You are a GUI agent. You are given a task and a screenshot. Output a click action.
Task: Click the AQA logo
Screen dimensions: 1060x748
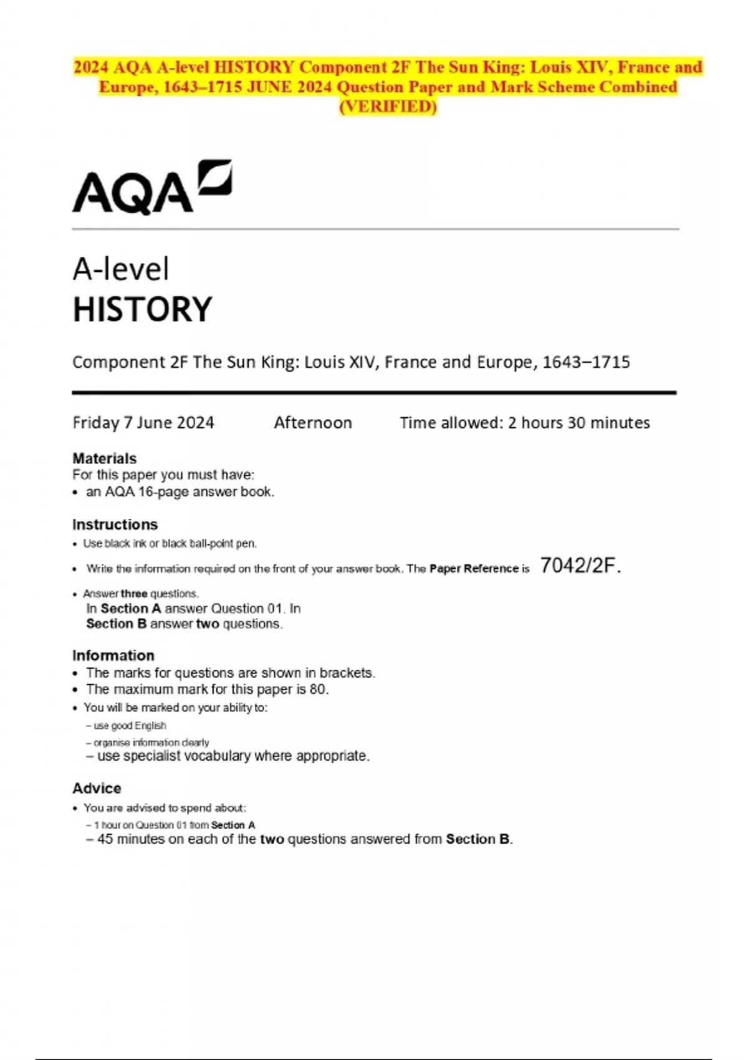[151, 188]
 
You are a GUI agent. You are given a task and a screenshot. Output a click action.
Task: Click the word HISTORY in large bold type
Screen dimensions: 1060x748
[143, 309]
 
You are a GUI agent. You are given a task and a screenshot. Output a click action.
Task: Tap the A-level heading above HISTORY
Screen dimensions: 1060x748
[121, 269]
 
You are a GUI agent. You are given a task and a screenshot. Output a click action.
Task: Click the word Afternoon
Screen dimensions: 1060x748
[313, 423]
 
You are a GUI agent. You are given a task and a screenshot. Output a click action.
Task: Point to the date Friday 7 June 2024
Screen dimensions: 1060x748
[143, 423]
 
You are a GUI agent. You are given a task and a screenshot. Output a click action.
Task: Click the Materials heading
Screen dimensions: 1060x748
[104, 458]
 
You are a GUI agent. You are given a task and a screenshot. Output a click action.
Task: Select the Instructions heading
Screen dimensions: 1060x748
[115, 524]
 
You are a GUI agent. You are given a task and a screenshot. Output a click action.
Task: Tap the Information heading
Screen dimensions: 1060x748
[113, 655]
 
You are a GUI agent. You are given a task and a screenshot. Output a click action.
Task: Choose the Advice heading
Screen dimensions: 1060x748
[97, 788]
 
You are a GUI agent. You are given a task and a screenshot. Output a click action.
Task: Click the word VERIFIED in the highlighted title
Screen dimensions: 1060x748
[388, 107]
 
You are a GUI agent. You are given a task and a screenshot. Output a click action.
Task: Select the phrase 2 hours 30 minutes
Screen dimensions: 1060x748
[578, 423]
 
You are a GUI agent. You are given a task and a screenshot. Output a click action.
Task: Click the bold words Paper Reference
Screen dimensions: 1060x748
[474, 569]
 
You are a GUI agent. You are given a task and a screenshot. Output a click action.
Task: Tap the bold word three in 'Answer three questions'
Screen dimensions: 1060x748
[134, 594]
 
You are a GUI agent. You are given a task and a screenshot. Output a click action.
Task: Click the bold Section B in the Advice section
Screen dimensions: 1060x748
[477, 839]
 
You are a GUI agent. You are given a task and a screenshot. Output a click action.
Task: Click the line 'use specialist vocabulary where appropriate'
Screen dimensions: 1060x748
[233, 756]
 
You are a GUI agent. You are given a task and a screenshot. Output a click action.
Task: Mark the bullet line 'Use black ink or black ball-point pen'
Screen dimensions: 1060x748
[170, 544]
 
